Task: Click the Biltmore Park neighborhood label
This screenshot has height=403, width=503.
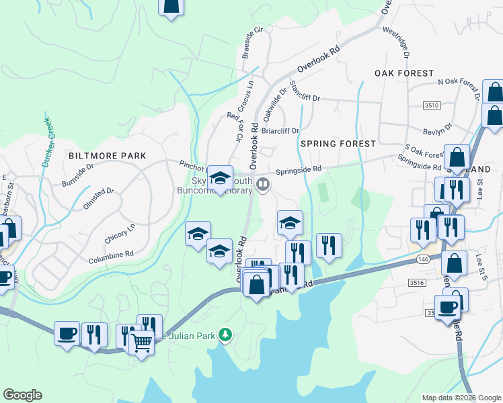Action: tap(108, 156)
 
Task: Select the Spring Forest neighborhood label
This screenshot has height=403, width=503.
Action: tap(338, 144)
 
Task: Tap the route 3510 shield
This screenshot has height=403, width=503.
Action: tap(432, 105)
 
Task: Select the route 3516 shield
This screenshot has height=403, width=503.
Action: tap(416, 283)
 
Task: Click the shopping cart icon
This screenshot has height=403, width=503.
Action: tap(141, 343)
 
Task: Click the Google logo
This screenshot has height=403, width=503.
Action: tap(22, 395)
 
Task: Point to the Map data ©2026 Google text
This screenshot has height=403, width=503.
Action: tap(461, 398)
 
